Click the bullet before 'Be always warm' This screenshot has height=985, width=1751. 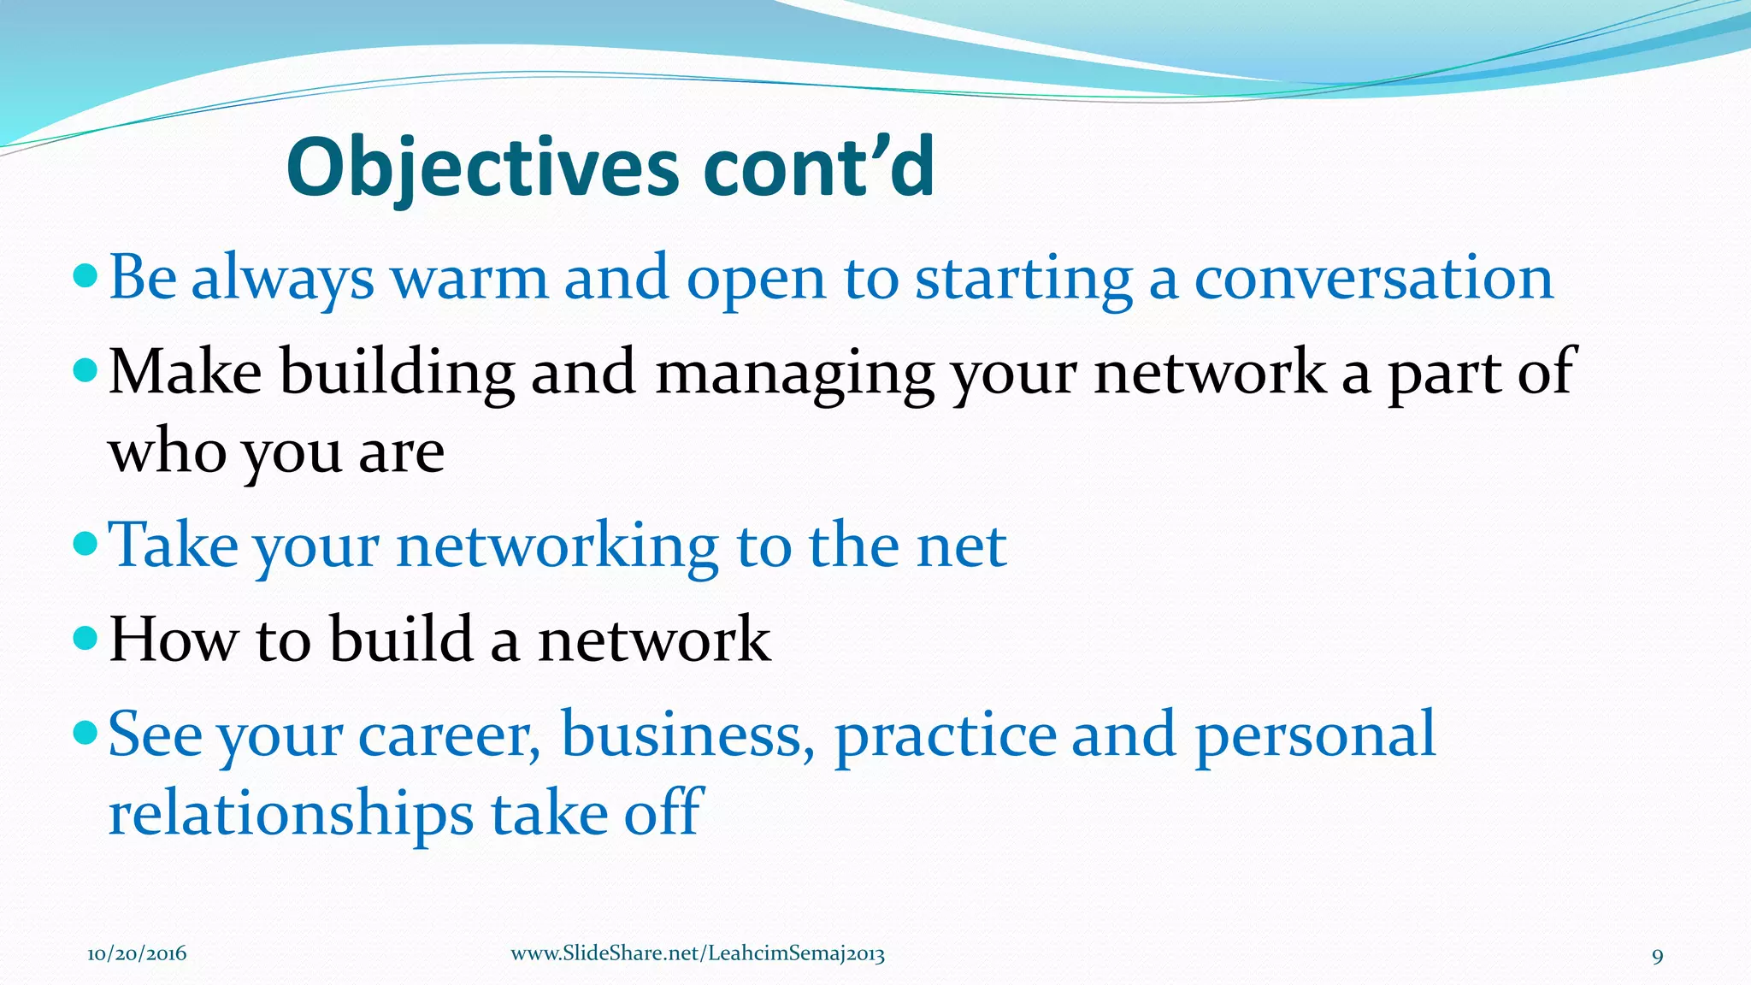click(x=86, y=275)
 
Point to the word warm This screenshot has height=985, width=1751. click(x=469, y=279)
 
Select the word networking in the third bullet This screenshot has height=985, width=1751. click(x=557, y=547)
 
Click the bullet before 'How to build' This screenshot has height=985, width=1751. click(x=86, y=637)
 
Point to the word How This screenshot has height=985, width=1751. click(x=174, y=640)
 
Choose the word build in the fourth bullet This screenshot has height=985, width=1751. click(x=402, y=640)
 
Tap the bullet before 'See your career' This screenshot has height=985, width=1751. click(x=86, y=732)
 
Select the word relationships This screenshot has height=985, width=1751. click(x=291, y=814)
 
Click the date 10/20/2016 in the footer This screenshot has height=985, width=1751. click(x=137, y=954)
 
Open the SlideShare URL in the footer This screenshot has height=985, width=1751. click(x=698, y=954)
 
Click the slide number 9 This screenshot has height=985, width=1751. click(x=1657, y=956)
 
